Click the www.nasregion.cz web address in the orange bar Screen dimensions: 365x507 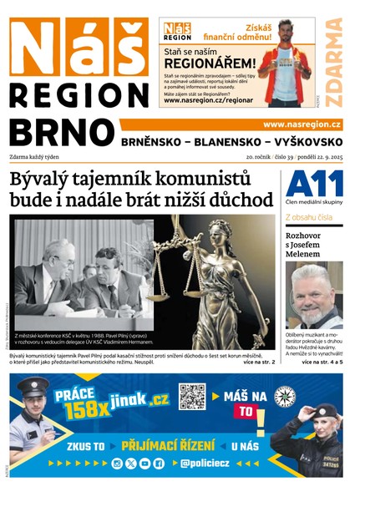click(x=307, y=124)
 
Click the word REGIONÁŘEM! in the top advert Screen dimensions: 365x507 click(x=209, y=63)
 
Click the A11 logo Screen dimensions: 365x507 click(x=313, y=183)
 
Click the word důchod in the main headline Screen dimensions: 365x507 click(x=242, y=200)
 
